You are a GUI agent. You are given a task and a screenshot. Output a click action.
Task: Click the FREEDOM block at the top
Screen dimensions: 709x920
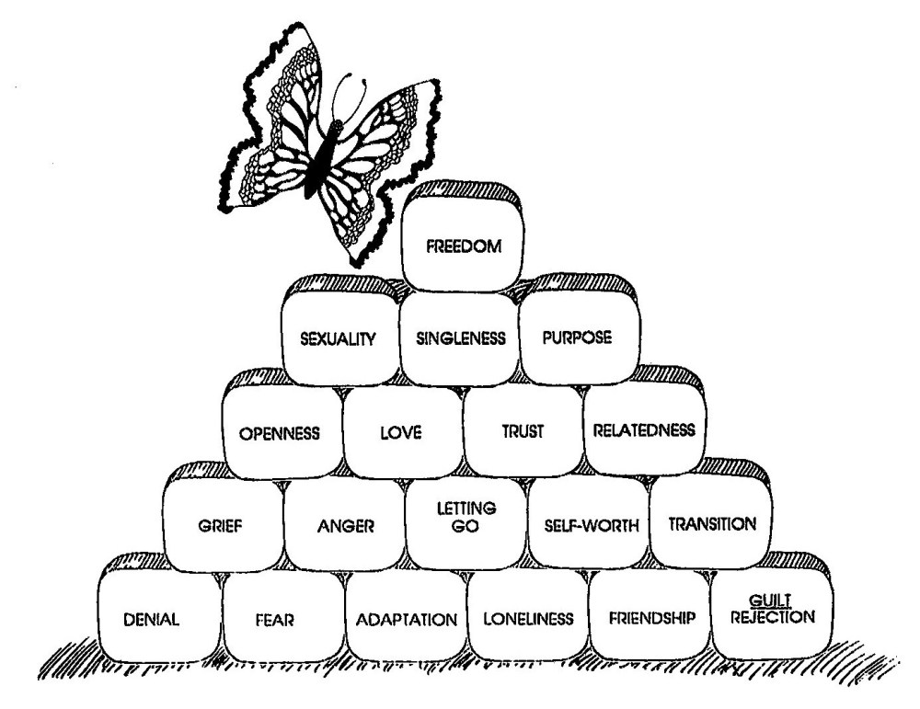[x=463, y=246]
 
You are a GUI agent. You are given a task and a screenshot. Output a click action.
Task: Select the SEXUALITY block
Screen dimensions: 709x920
[x=339, y=338]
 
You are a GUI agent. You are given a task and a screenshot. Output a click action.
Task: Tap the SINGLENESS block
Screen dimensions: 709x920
[x=461, y=338]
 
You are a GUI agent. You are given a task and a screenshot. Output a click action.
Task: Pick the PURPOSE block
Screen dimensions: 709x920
[x=578, y=337]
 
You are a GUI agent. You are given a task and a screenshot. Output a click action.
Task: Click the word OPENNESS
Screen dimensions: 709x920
[x=279, y=431]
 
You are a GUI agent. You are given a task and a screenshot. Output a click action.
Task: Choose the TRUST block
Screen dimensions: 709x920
[x=523, y=430]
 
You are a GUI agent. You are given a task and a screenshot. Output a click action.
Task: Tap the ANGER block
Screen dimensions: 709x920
[x=343, y=527]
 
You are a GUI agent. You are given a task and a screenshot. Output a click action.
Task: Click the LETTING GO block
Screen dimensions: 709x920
[x=466, y=520]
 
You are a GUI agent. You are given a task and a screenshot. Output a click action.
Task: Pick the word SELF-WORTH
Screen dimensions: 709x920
[x=588, y=526]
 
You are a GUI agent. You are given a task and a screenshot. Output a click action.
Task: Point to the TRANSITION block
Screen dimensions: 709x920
[x=712, y=524]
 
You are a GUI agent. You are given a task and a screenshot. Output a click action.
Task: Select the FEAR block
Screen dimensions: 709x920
[x=282, y=618]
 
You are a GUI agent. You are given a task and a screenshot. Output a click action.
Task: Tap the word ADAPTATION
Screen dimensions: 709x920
[x=406, y=619]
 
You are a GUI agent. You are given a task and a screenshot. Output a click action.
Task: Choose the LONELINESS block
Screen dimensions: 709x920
[x=528, y=618]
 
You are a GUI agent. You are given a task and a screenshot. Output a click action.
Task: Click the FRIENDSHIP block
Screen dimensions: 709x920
[x=650, y=617]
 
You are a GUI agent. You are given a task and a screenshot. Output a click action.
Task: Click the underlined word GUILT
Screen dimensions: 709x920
[x=773, y=602]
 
